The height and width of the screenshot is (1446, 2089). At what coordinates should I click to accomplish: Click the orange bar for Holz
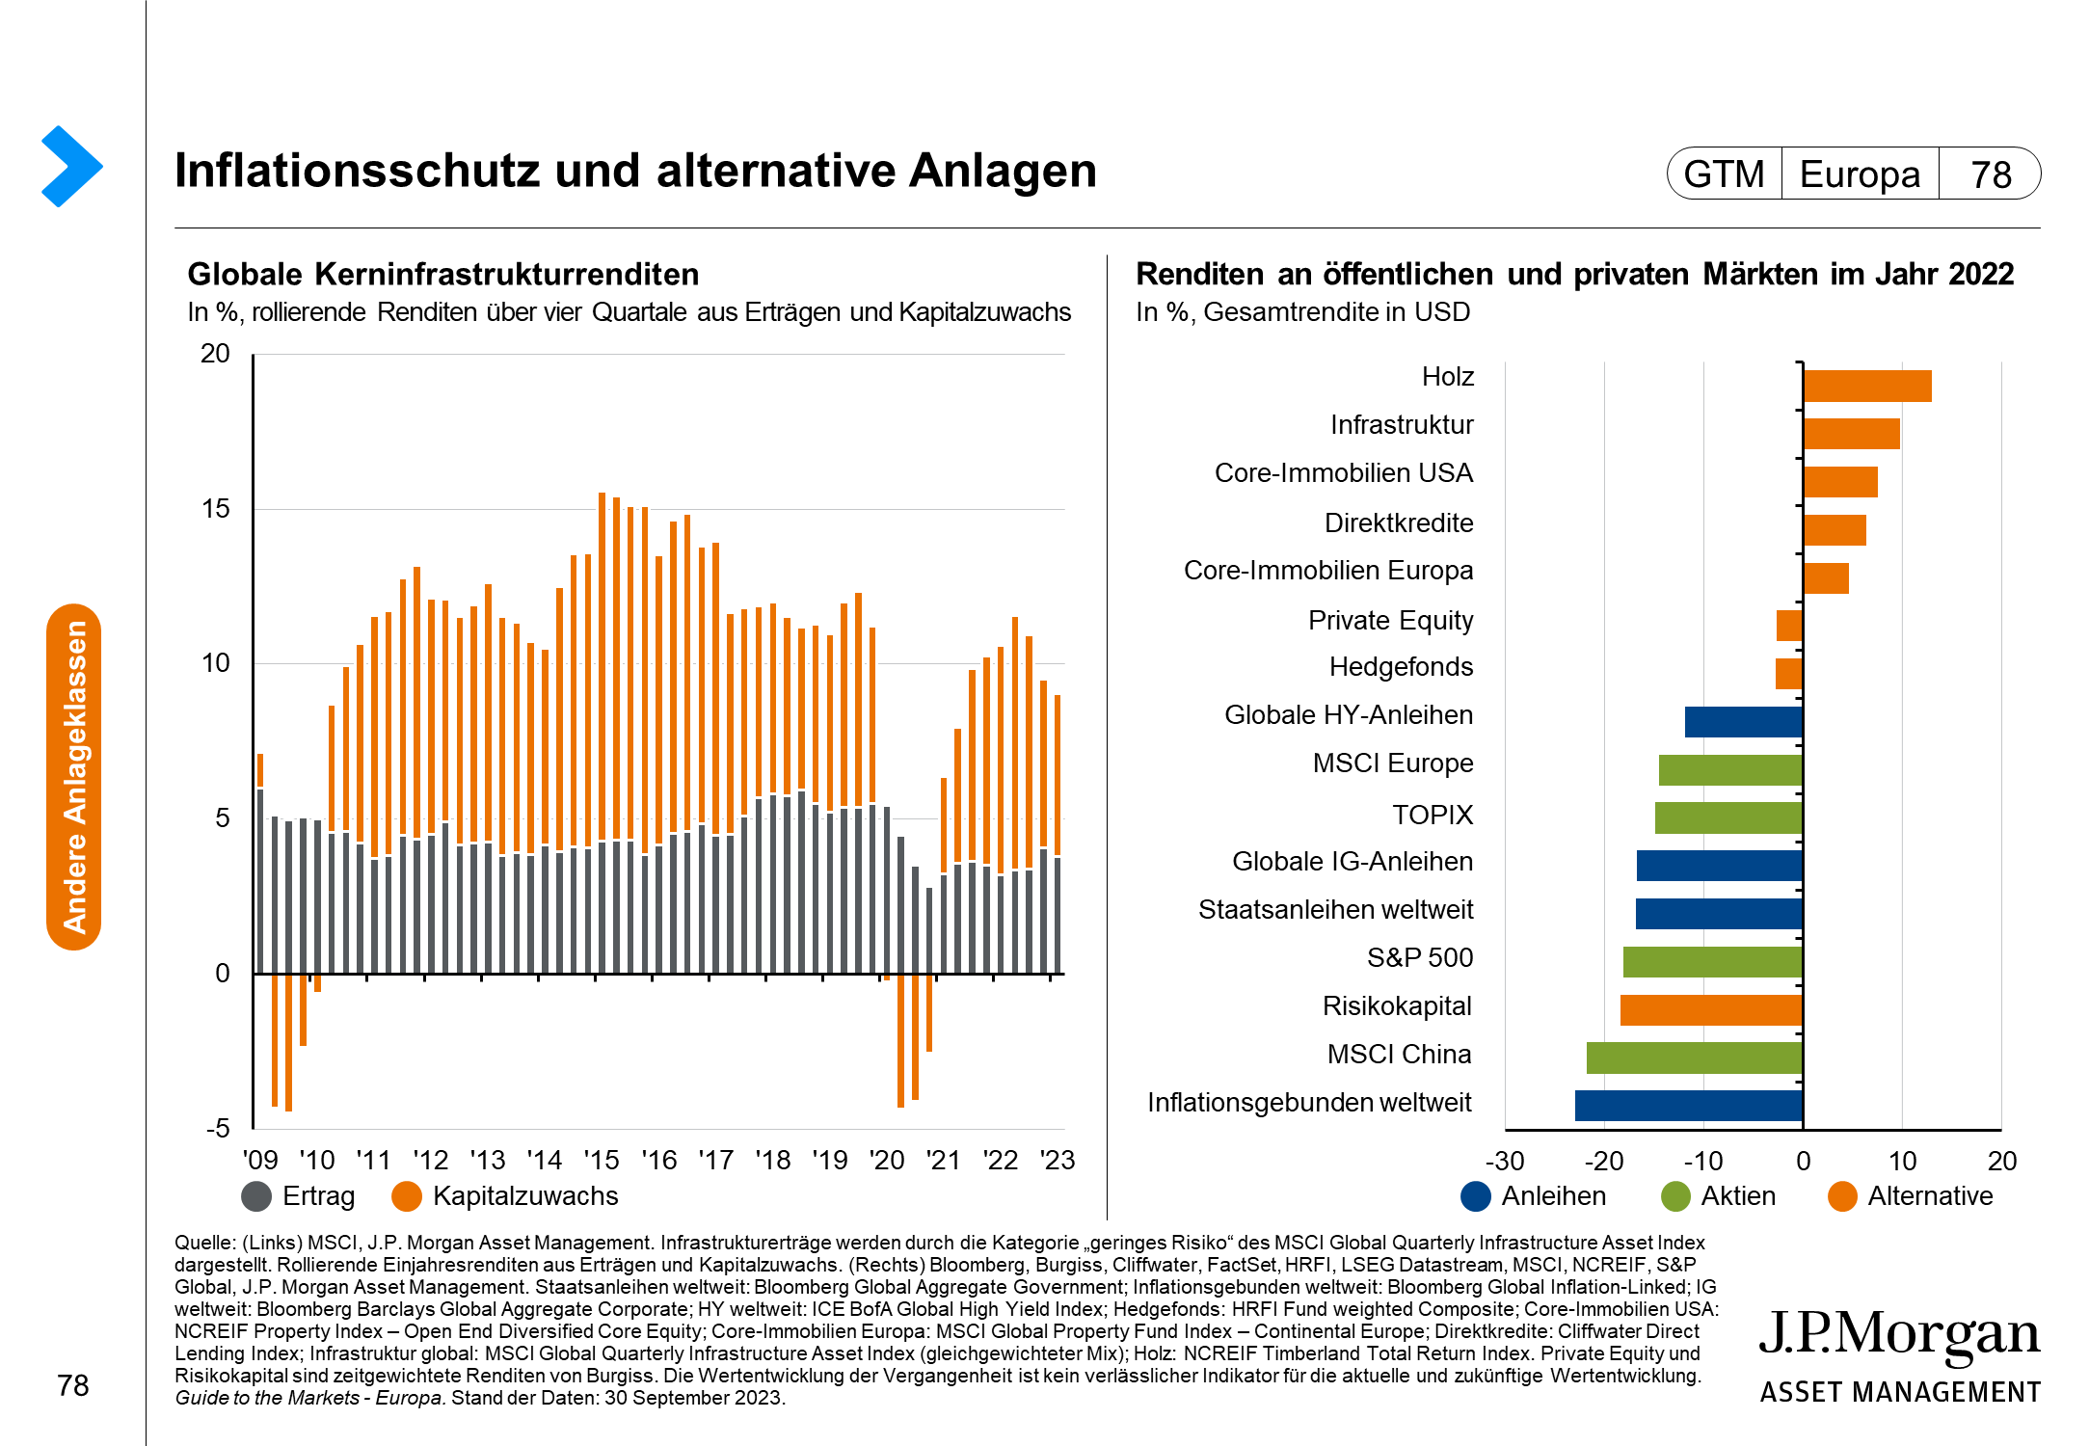[x=1866, y=386]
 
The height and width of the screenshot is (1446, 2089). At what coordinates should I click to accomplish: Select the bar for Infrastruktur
[x=1851, y=434]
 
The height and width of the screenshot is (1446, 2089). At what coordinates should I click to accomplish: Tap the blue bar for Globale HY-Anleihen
[x=1743, y=722]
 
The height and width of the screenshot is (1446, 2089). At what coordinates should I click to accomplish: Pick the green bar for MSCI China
[x=1694, y=1058]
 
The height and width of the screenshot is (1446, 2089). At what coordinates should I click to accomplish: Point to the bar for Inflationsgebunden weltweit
[x=1688, y=1106]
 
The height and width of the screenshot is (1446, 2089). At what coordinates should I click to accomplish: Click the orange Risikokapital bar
[x=1711, y=1009]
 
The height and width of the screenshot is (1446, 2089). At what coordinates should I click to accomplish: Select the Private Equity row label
[x=1390, y=620]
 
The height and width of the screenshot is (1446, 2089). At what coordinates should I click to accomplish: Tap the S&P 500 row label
[x=1419, y=957]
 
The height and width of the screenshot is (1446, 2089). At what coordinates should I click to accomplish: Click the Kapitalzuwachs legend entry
[x=505, y=1196]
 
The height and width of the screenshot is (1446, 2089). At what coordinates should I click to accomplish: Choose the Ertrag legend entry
[x=299, y=1196]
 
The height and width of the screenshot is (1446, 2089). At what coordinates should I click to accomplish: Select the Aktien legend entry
[x=1719, y=1196]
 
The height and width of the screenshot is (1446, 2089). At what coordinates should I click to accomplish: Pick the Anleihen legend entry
[x=1534, y=1196]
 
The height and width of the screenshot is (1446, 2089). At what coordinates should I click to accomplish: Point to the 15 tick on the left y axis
[x=216, y=509]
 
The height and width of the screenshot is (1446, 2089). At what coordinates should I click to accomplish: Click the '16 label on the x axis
[x=659, y=1161]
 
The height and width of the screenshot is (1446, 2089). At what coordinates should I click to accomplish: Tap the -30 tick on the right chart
[x=1505, y=1161]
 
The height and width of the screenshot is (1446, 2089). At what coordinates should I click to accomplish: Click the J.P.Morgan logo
[x=1899, y=1353]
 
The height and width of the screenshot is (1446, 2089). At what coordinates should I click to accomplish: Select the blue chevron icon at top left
[x=71, y=166]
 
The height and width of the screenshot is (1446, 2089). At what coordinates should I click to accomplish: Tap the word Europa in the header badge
[x=1860, y=174]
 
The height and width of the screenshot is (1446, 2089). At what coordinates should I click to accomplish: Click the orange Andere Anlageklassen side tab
[x=74, y=777]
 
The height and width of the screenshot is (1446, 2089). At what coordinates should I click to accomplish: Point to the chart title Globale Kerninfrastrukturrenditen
[x=442, y=275]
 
